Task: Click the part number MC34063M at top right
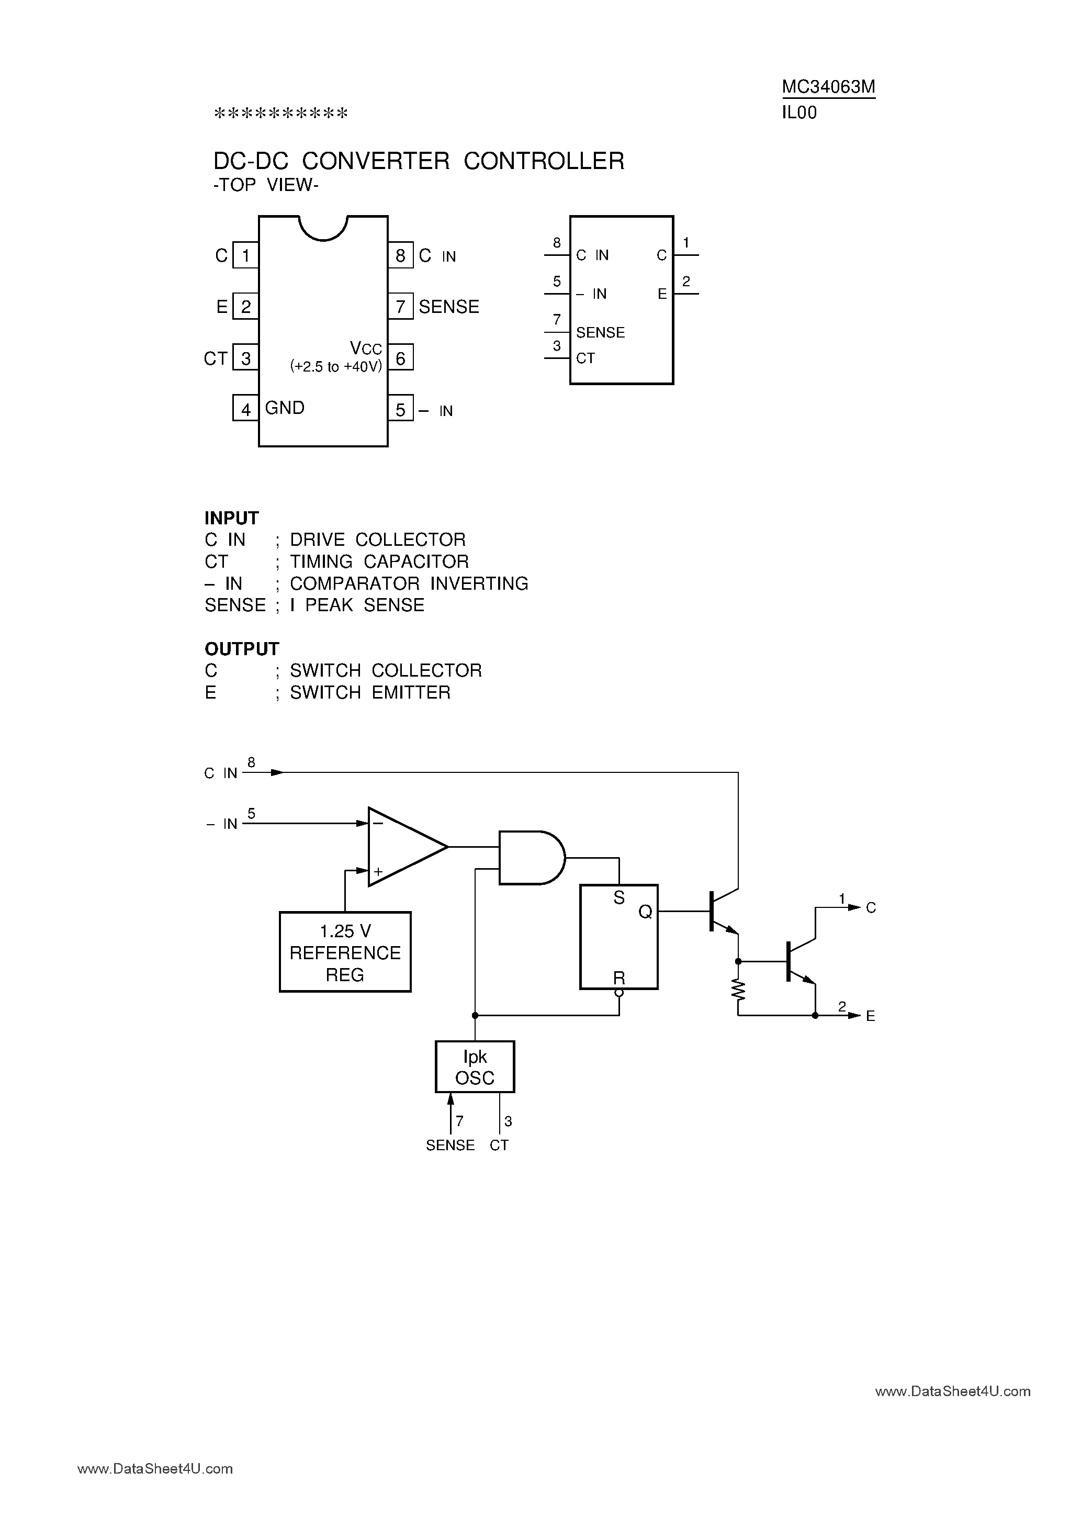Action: click(x=828, y=87)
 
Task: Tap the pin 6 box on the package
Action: click(x=400, y=358)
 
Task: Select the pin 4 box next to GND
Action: click(x=245, y=409)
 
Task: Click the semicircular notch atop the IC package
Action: click(x=323, y=228)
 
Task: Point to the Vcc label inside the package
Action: click(x=365, y=348)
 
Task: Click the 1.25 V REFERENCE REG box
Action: click(x=345, y=952)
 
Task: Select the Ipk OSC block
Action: click(x=475, y=1067)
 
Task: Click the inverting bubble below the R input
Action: click(x=619, y=993)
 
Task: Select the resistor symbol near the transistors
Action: click(x=738, y=990)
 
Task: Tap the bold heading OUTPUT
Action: click(x=242, y=649)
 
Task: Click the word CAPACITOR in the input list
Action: click(x=416, y=561)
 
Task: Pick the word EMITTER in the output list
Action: click(x=411, y=693)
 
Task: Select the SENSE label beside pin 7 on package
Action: click(x=448, y=307)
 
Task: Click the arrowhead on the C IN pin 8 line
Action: click(x=277, y=773)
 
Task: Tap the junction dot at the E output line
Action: click(x=815, y=1016)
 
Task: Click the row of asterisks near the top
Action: click(x=280, y=114)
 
